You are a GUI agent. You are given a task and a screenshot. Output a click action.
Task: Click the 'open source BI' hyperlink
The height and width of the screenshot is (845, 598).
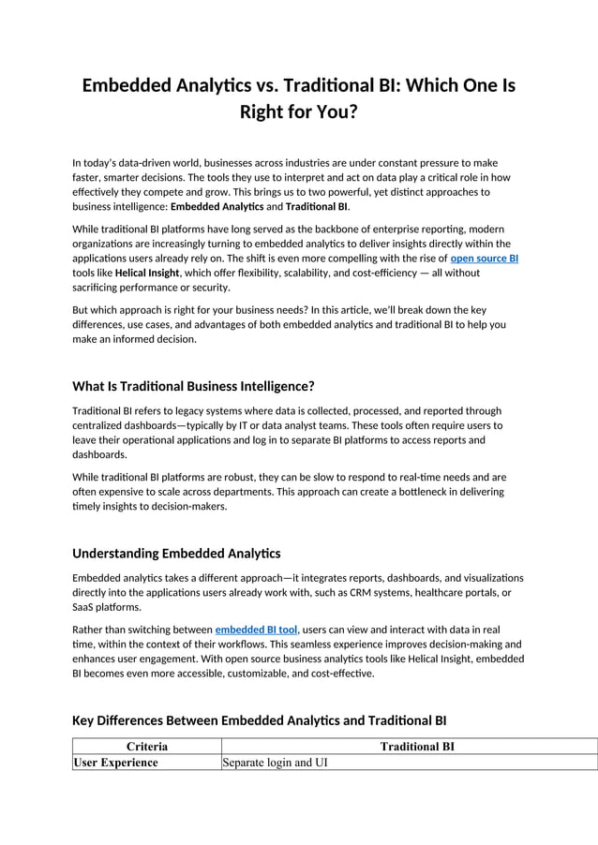point(484,258)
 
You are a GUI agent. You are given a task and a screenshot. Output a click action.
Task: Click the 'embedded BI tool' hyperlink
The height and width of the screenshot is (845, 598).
point(256,630)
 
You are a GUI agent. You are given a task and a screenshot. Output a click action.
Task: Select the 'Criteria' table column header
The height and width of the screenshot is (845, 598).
point(147,747)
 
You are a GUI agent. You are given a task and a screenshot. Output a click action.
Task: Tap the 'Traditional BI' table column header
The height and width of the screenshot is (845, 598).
point(417,747)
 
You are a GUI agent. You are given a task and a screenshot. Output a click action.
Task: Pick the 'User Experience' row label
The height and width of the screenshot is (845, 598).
point(116,763)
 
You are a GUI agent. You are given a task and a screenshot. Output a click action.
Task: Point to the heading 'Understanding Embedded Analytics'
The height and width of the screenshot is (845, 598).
point(176,554)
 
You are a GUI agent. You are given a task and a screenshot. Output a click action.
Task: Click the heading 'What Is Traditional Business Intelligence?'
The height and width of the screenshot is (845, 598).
point(193,386)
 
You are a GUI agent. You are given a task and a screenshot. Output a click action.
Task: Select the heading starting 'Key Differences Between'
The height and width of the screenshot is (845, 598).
point(259,720)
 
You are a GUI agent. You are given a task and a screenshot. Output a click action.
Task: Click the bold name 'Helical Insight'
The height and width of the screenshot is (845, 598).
point(146,273)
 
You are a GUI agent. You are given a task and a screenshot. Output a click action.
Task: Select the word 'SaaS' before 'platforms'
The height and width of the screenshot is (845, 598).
point(84,607)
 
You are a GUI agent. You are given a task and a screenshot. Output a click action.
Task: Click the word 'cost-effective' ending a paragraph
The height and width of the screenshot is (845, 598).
point(341,673)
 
